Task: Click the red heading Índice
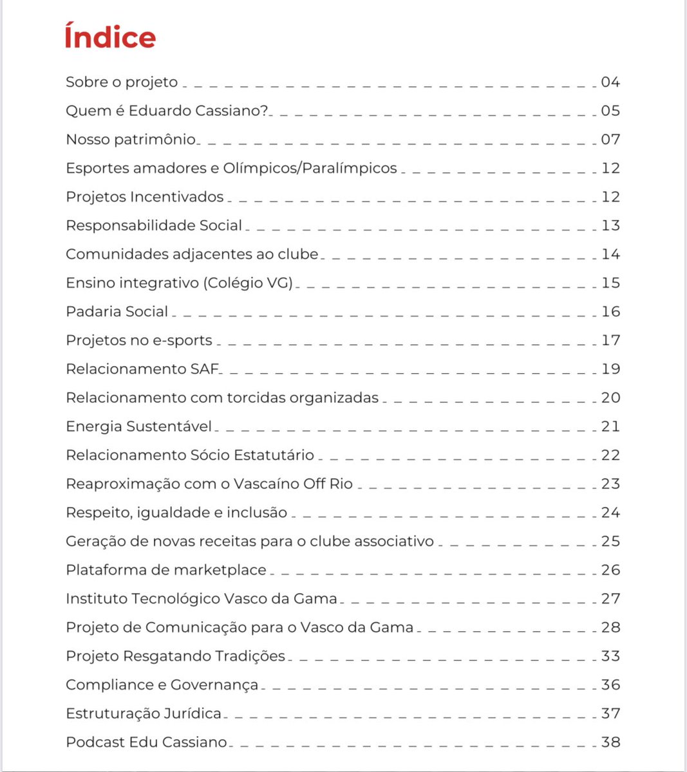[110, 37]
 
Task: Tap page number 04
[610, 82]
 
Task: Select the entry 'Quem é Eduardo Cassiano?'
[167, 111]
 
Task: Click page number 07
[610, 140]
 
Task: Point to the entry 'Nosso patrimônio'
[131, 140]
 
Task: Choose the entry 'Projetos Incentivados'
[145, 197]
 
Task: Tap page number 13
[610, 226]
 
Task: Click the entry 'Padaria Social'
[117, 312]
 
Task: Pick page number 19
[610, 369]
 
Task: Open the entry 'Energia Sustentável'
[138, 427]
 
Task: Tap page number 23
[610, 484]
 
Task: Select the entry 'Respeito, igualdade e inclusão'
[176, 513]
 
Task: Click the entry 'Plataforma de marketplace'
[166, 570]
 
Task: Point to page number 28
[610, 627]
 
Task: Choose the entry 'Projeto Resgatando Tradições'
[175, 656]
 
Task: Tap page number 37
[610, 713]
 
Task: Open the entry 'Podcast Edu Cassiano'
[146, 742]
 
